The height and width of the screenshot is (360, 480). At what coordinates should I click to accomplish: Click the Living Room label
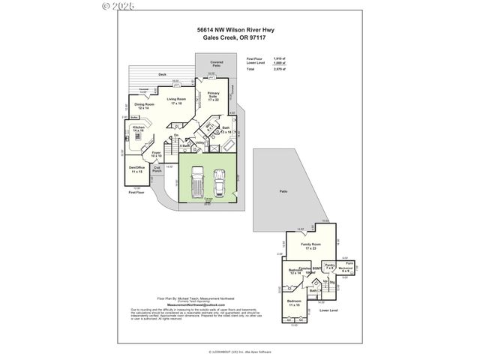[177, 100]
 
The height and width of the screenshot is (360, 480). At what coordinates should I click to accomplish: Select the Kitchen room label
[139, 129]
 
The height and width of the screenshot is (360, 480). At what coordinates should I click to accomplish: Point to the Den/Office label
[136, 169]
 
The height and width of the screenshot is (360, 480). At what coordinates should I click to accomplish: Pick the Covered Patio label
[217, 64]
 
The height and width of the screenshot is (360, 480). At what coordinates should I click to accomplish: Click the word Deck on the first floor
[162, 75]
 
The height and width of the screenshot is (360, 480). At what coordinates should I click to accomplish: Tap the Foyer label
[157, 154]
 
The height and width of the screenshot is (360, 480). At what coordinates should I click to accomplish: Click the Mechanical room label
[346, 268]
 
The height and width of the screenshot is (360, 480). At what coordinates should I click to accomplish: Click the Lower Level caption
[329, 309]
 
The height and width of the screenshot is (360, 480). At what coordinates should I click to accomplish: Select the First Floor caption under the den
[134, 192]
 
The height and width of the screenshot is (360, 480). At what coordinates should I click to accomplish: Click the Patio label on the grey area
[283, 192]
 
